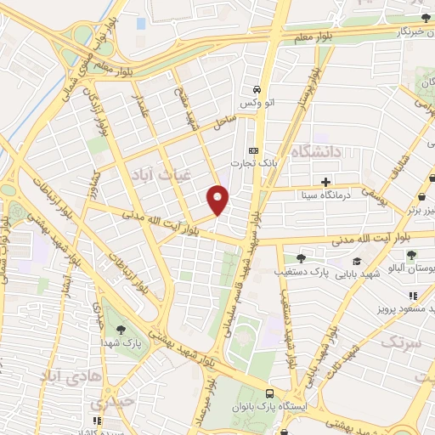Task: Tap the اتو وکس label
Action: [x=256, y=103]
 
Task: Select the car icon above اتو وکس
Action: [x=256, y=89]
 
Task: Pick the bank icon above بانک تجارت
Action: [x=252, y=149]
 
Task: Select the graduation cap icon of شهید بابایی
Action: [x=358, y=261]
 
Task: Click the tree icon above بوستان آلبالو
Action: [x=411, y=255]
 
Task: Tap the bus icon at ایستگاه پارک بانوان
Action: [x=270, y=393]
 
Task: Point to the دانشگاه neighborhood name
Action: [x=315, y=152]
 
